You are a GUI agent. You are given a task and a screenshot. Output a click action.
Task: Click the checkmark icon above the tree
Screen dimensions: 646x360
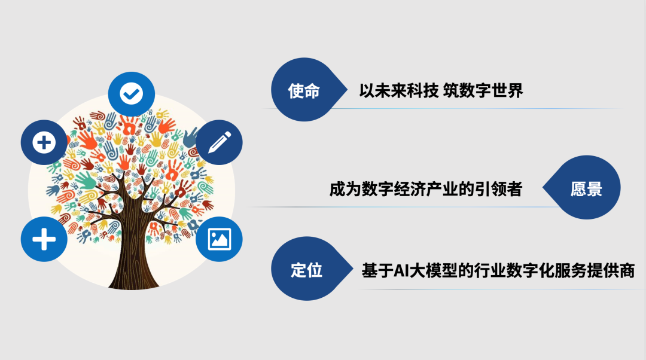(132, 94)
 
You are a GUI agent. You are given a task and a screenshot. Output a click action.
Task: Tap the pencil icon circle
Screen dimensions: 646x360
(219, 142)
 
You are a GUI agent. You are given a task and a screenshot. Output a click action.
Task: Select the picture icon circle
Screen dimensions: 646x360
(219, 239)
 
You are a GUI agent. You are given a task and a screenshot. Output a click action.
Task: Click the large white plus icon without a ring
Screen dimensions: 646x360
(44, 239)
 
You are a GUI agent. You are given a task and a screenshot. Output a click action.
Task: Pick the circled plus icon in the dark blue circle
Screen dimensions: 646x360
(44, 142)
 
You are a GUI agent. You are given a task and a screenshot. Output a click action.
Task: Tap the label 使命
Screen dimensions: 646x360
(304, 91)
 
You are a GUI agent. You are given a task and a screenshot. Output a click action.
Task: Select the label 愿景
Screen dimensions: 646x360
(586, 188)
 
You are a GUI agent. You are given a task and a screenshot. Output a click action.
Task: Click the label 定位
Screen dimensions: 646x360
(306, 270)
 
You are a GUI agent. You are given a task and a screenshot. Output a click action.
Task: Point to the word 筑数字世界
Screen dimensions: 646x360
(483, 91)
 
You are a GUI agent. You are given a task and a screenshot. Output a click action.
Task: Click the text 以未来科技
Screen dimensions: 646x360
(398, 91)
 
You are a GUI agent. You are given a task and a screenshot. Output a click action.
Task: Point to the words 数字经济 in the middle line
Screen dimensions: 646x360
(394, 189)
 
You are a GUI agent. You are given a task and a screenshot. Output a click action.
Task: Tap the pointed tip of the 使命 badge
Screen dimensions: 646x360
(348, 90)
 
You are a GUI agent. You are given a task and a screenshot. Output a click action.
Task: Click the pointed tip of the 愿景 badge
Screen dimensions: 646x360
(543, 187)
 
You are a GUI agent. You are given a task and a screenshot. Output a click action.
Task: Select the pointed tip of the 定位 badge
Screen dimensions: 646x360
(353, 269)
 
